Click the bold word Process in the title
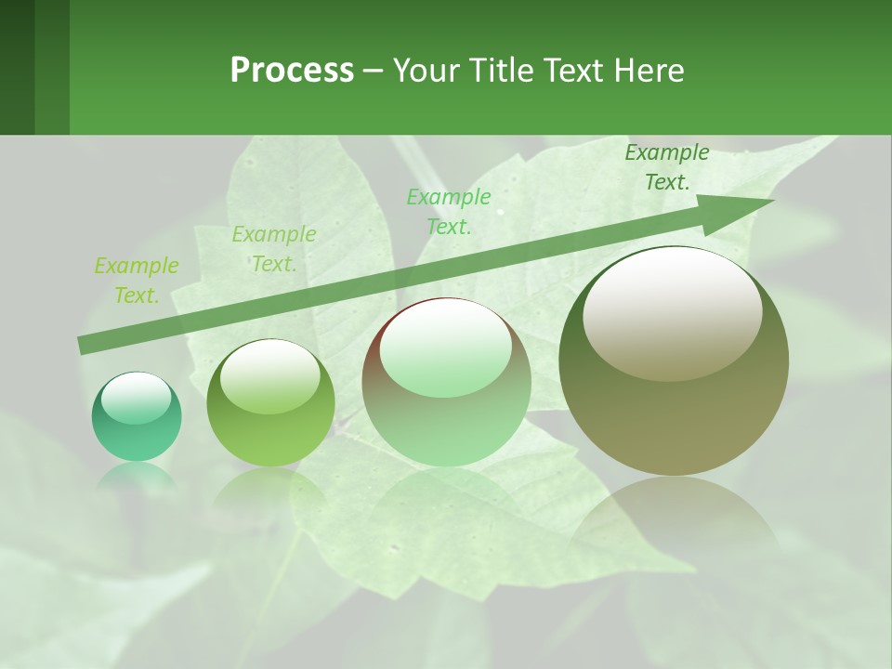click(x=292, y=71)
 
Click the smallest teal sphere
click(x=137, y=416)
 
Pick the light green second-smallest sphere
click(x=270, y=403)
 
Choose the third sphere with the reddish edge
click(x=446, y=382)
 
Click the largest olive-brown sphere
click(x=674, y=361)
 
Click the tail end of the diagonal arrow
click(x=85, y=345)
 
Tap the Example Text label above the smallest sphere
click(x=137, y=281)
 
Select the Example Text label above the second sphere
click(x=274, y=249)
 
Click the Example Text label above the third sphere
click(x=449, y=211)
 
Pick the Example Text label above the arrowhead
click(x=667, y=167)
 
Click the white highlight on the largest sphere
click(x=672, y=313)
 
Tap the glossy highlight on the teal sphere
click(x=136, y=397)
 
